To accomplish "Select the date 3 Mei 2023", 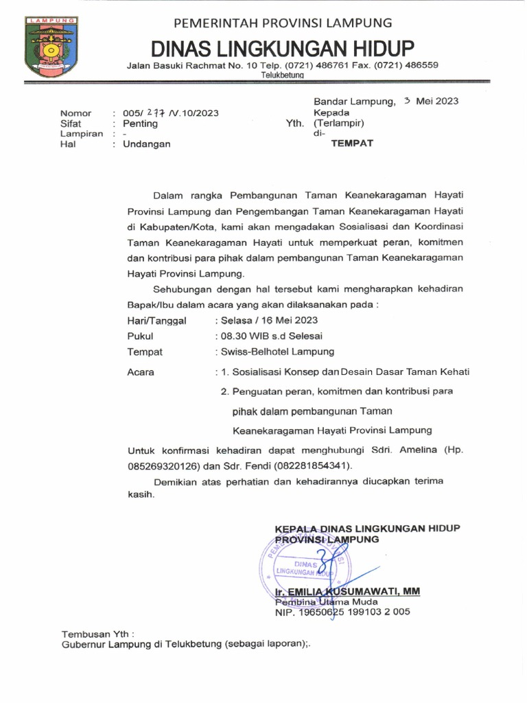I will click(x=431, y=101).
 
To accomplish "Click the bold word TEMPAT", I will click(x=352, y=144).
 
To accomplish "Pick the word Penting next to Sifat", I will click(x=139, y=124).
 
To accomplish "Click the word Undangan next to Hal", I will click(x=146, y=144).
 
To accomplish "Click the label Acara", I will click(x=141, y=372).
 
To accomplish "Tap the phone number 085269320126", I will click(x=159, y=466).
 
